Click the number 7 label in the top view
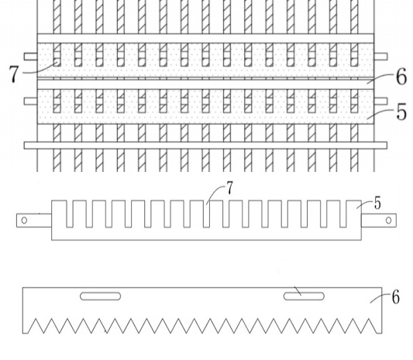[x=14, y=74]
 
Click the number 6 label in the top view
[x=401, y=77]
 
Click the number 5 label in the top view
[x=401, y=111]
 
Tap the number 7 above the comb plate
[x=230, y=188]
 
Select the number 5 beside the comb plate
[x=377, y=203]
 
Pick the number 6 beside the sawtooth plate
[x=396, y=297]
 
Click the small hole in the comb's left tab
[x=24, y=221]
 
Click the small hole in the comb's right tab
[x=388, y=221]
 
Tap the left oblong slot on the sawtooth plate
[x=101, y=296]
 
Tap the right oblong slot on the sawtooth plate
[x=304, y=296]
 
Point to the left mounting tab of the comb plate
[x=34, y=221]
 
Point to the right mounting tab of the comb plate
[x=379, y=221]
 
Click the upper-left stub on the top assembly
[x=31, y=57]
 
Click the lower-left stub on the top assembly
[x=31, y=101]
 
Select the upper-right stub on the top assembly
[x=380, y=57]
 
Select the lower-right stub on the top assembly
[x=380, y=101]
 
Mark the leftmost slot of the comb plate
[x=70, y=214]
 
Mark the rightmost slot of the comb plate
[x=343, y=214]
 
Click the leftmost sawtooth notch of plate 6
[x=36, y=326]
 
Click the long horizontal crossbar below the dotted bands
[x=205, y=146]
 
